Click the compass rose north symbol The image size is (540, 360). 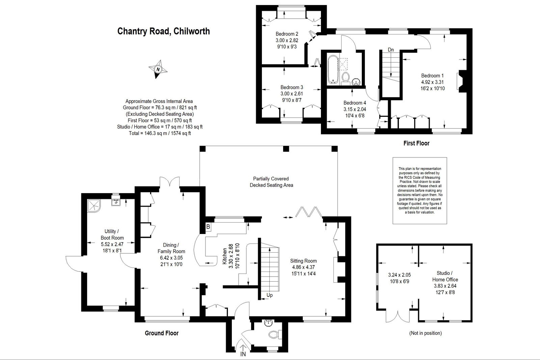click(158, 69)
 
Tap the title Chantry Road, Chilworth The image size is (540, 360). click(163, 31)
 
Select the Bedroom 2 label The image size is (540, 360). click(287, 34)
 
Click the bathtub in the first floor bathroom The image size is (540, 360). click(333, 70)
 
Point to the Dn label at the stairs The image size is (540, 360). click(391, 50)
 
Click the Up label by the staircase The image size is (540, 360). click(270, 295)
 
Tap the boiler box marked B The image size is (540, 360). click(208, 227)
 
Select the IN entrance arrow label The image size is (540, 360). click(243, 354)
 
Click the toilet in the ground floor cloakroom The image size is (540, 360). click(275, 335)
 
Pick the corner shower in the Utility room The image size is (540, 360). click(93, 206)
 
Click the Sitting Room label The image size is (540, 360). click(303, 261)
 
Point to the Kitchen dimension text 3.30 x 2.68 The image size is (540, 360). click(231, 256)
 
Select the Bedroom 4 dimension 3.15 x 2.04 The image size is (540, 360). click(355, 109)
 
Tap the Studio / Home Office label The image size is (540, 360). click(445, 276)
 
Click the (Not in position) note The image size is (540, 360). click(426, 333)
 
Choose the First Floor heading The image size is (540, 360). click(416, 143)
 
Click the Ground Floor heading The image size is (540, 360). click(162, 333)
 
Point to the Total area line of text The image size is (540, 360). click(160, 133)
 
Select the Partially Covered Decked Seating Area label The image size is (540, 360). click(271, 182)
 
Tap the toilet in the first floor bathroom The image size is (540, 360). click(346, 78)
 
